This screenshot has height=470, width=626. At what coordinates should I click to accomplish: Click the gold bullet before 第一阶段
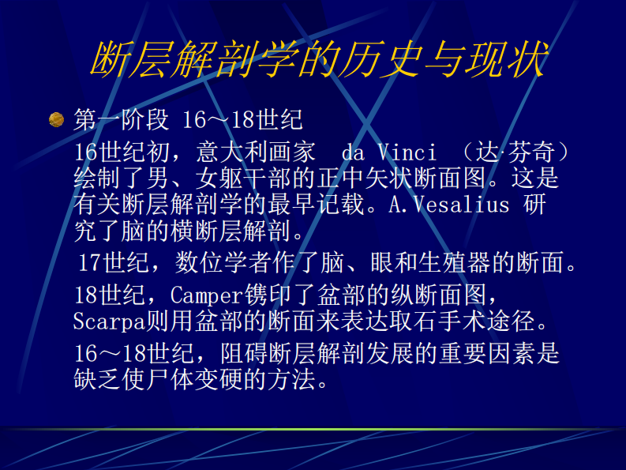56,119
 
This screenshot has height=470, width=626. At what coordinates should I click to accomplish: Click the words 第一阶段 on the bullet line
121,119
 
